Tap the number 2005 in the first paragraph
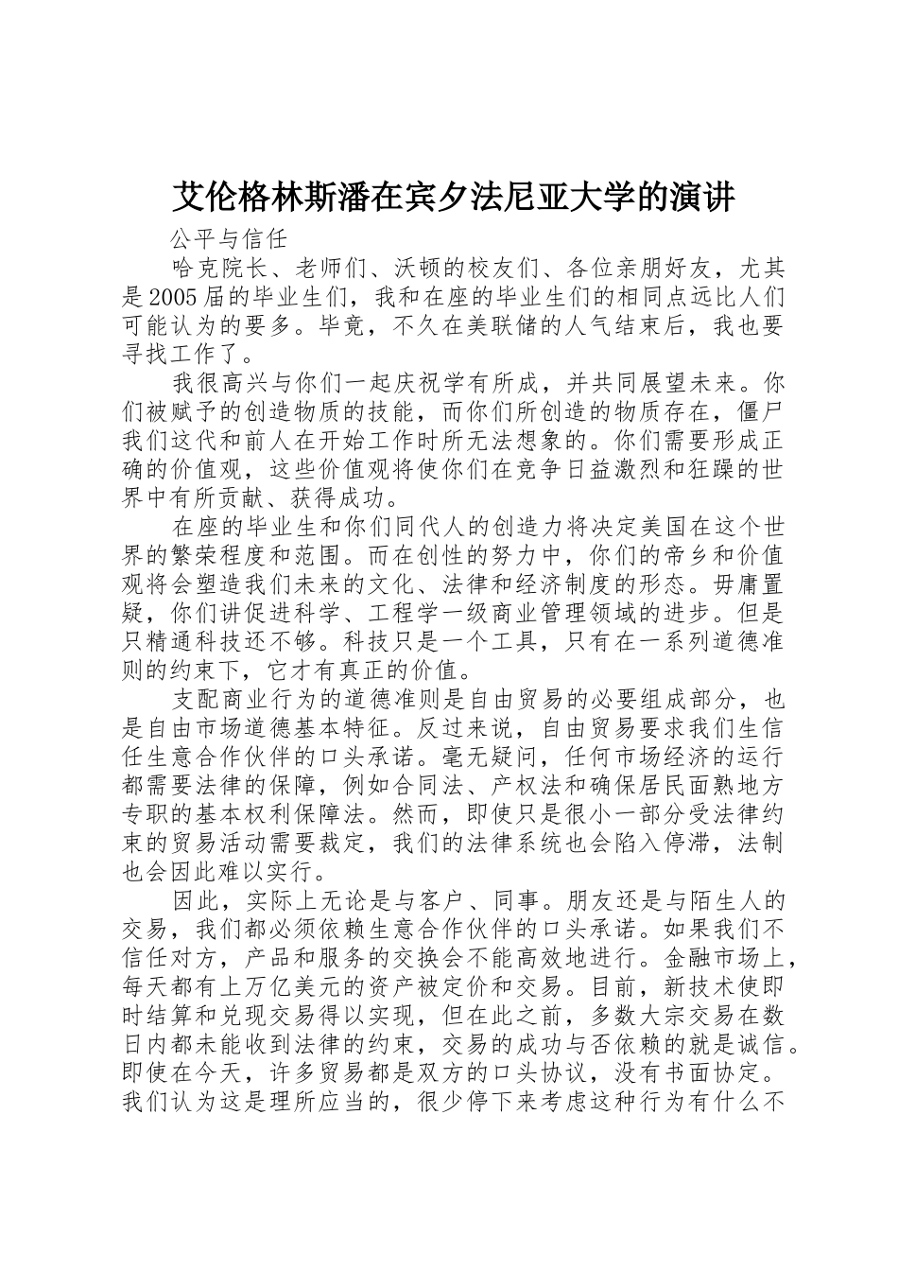pyautogui.click(x=170, y=296)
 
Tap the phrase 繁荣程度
pyautogui.click(x=219, y=555)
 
